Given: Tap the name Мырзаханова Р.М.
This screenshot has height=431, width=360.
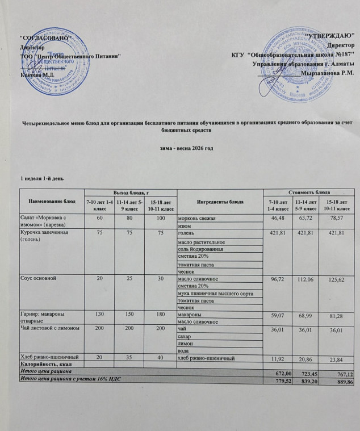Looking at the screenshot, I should coord(329,73).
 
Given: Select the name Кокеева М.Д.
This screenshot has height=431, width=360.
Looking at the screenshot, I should coord(37,74).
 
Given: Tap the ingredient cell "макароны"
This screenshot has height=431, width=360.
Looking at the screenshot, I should coord(190,315).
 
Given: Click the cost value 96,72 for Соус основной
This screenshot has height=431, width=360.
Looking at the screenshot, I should coord(278,279).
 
